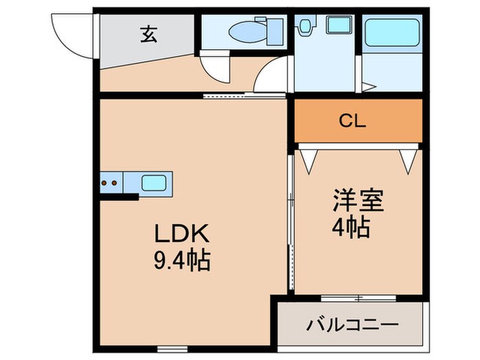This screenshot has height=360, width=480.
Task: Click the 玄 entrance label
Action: click(x=148, y=35)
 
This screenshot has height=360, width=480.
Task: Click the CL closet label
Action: click(x=353, y=121)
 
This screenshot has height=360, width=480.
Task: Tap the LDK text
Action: click(x=180, y=235)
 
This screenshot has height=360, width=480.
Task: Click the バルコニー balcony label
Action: click(x=353, y=323)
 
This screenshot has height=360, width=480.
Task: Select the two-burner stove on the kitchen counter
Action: click(x=109, y=183)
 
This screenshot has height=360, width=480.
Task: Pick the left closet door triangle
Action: click(x=307, y=160)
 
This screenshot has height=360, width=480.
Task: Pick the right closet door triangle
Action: click(x=409, y=160)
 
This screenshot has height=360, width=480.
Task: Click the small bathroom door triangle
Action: click(x=369, y=87)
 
